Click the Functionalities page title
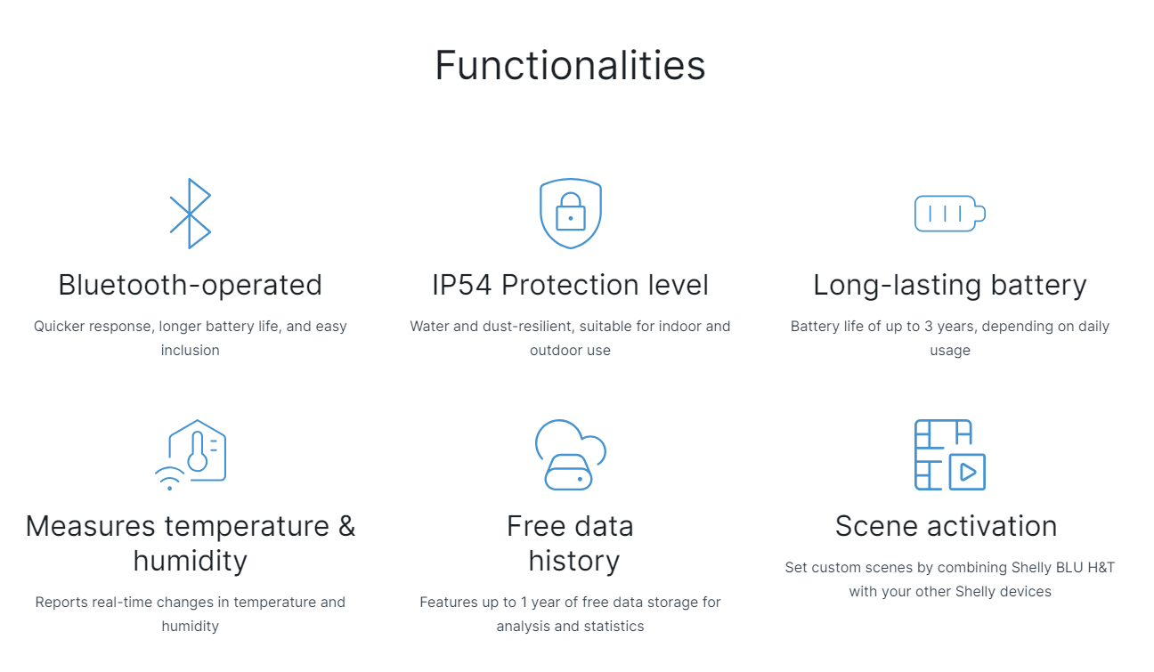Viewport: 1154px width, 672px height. [x=570, y=65]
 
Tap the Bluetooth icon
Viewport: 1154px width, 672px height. [x=190, y=214]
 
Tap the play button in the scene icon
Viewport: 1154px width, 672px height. [x=968, y=472]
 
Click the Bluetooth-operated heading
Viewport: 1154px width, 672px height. [x=190, y=286]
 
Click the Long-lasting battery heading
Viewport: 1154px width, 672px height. [x=950, y=286]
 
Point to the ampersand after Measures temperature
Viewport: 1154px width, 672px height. [x=346, y=526]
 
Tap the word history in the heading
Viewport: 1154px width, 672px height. [x=574, y=561]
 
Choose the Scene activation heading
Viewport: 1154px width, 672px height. [x=947, y=526]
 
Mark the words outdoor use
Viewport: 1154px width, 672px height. [x=570, y=350]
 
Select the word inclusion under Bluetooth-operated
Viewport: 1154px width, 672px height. [x=190, y=350]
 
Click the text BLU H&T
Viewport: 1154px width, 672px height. [x=1085, y=567]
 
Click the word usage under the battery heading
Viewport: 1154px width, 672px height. [x=950, y=351]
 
